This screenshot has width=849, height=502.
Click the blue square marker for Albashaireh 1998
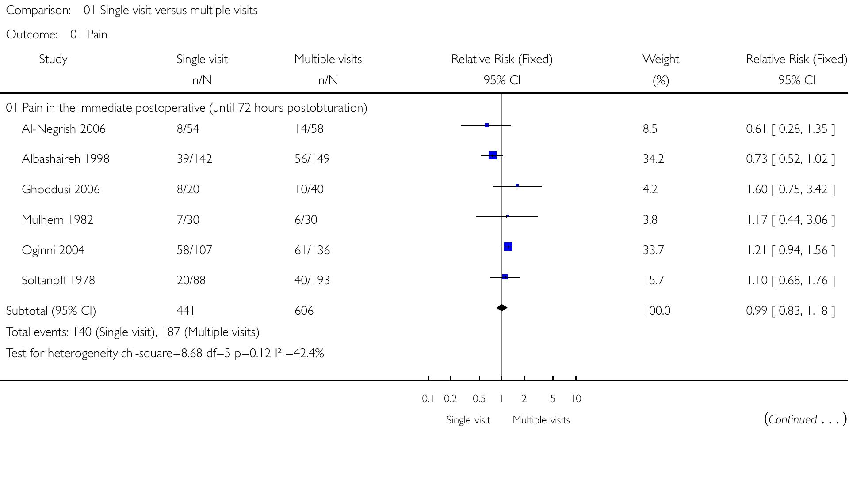click(493, 155)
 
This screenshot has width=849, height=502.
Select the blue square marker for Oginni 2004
click(508, 246)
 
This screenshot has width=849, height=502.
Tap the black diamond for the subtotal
click(501, 308)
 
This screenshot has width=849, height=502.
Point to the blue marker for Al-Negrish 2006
click(486, 125)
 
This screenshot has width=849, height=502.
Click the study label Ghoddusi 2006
click(61, 189)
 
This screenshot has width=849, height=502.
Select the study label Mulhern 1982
click(57, 220)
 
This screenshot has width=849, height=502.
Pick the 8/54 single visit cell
click(188, 129)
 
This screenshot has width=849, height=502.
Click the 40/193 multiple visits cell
click(312, 280)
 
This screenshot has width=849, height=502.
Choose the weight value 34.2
click(653, 159)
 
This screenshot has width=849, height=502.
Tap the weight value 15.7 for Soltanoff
click(653, 280)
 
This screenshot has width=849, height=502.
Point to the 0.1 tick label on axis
click(428, 399)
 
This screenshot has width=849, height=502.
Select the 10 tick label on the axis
click(576, 399)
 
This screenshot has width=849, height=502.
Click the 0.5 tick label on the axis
click(479, 399)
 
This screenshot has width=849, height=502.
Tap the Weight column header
click(661, 59)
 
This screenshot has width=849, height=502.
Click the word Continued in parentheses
click(792, 419)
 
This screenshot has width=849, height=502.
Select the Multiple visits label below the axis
click(541, 420)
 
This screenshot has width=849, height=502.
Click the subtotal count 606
click(304, 311)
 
